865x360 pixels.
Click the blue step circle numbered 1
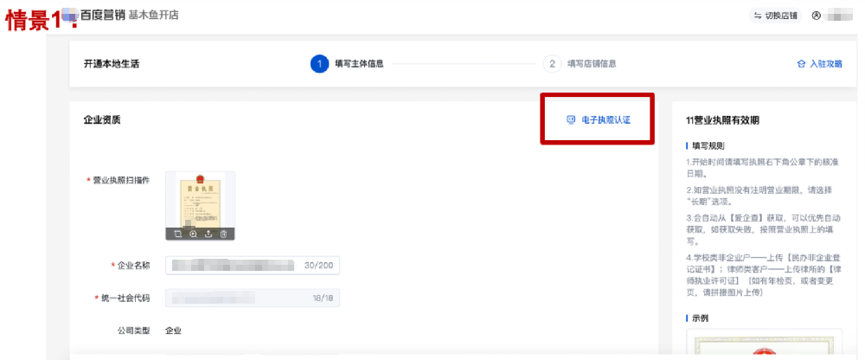319,64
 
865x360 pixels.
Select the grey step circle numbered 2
552,64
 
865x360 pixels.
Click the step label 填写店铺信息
592,64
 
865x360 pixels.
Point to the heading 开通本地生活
112,64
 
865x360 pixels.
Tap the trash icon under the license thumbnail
223,234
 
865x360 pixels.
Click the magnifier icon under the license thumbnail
192,234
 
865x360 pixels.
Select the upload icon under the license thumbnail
208,234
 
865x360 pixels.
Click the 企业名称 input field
234,265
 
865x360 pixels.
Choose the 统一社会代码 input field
234,298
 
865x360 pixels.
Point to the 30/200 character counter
319,265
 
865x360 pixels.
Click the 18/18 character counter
323,298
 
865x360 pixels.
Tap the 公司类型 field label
133,330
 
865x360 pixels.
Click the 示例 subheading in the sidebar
700,318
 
